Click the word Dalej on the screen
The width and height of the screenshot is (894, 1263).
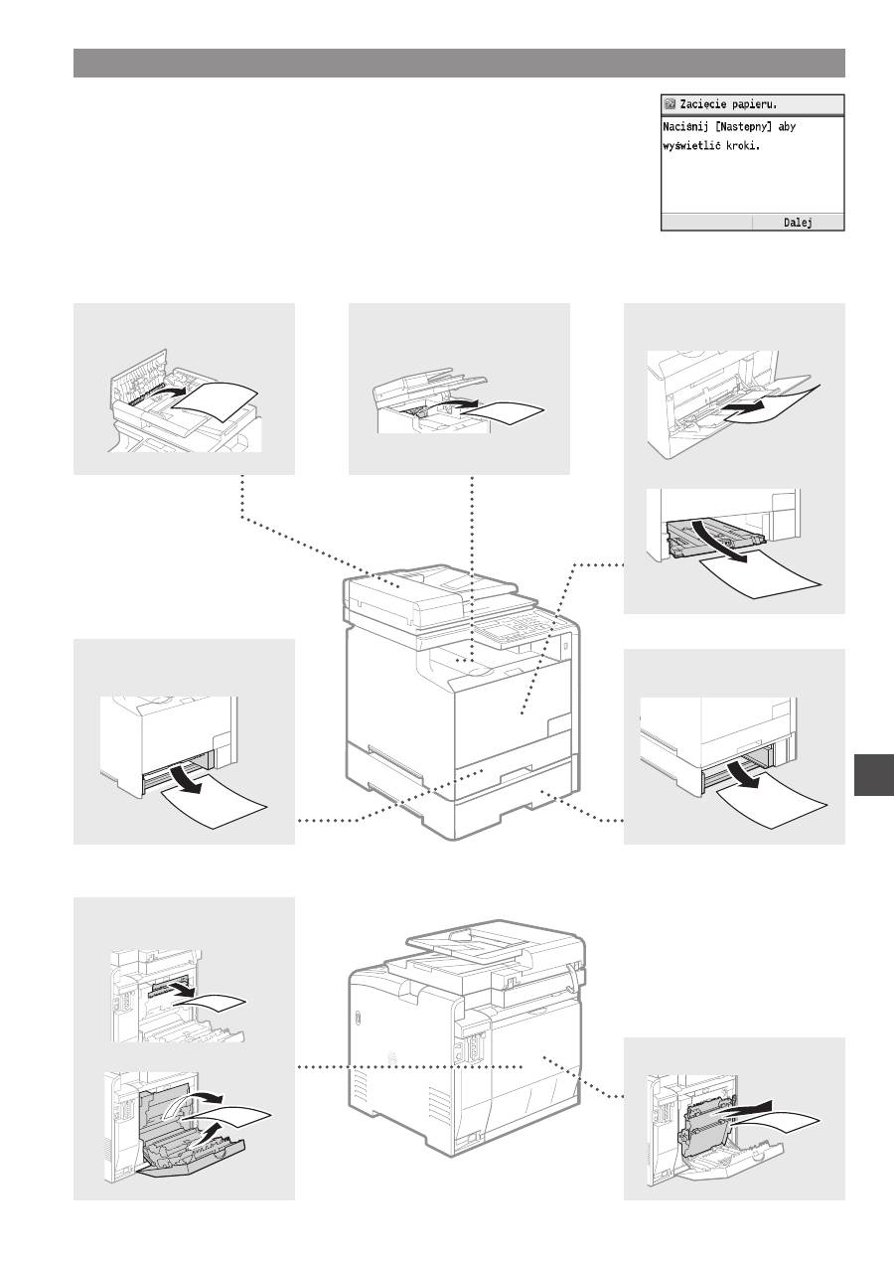798,223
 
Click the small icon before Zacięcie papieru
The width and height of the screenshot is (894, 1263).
670,104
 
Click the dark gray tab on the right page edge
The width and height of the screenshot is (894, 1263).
874,775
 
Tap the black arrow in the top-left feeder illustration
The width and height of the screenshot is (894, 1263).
172,392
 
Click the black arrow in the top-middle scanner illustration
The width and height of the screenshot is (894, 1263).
457,403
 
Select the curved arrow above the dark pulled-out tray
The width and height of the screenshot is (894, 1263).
720,541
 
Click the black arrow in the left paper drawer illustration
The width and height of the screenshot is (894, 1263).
185,778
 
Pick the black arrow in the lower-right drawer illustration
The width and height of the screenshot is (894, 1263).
743,775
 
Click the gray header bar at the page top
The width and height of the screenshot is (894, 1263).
459,64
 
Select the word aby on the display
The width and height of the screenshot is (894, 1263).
787,127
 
